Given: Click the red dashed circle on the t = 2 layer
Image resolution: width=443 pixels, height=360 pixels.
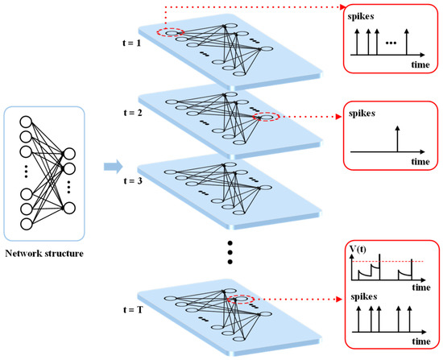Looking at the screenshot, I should [266, 118].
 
